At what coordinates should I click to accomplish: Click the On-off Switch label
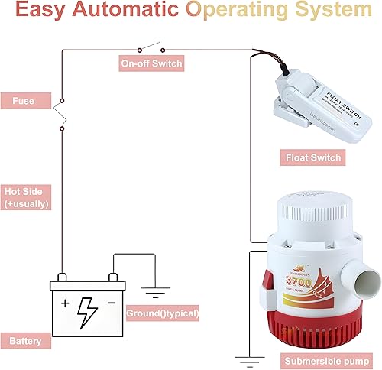[151, 63]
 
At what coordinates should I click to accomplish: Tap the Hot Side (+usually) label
[28, 197]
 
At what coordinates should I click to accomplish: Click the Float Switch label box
[312, 158]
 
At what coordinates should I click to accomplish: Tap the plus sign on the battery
[65, 303]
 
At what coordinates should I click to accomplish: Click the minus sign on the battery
[112, 303]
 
